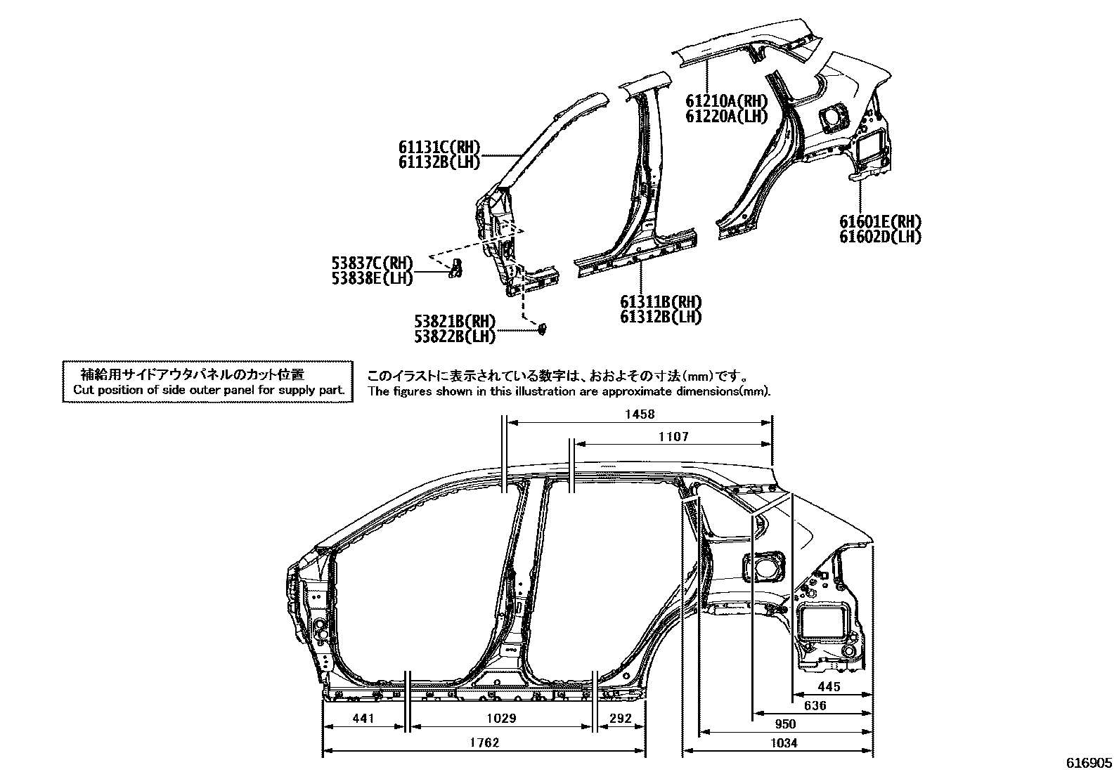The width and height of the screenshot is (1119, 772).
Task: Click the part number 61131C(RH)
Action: tap(439, 148)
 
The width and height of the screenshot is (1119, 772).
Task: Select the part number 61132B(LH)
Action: tap(439, 162)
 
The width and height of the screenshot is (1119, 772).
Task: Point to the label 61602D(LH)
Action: tap(880, 237)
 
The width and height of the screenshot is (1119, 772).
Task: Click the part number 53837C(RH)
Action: tap(372, 263)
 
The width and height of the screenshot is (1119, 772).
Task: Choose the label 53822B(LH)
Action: tap(454, 336)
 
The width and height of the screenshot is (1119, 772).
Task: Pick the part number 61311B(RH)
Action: tap(660, 302)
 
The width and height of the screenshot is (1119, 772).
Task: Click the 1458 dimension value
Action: tap(639, 414)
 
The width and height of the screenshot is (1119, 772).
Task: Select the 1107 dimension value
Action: tap(673, 437)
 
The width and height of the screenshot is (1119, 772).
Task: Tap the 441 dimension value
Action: tap(363, 719)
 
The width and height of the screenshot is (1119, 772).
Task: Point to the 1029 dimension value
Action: tap(501, 719)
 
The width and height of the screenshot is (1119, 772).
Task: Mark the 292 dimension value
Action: tap(620, 719)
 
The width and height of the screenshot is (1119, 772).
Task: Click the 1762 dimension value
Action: tap(484, 742)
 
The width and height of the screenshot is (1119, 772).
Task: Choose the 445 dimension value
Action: tap(829, 687)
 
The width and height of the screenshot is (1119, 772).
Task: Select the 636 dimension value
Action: tap(815, 705)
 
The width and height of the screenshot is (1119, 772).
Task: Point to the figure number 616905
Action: tap(1089, 763)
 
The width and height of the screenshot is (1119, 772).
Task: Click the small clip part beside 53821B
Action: tap(543, 328)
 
